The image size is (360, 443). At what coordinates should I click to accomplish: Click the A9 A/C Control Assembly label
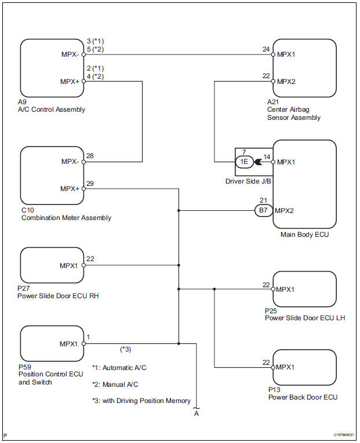click(x=52, y=105)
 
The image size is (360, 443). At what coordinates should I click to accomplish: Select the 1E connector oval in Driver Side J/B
click(x=245, y=162)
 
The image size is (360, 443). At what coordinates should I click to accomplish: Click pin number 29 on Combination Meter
click(x=90, y=182)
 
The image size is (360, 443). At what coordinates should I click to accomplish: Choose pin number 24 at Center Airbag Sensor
click(x=266, y=49)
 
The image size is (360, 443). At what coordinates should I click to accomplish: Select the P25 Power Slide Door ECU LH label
click(x=304, y=314)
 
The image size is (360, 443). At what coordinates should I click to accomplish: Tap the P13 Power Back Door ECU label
click(x=303, y=393)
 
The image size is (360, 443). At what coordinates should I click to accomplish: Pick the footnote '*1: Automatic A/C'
click(x=120, y=368)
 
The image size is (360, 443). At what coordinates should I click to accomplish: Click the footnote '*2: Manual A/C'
click(x=116, y=384)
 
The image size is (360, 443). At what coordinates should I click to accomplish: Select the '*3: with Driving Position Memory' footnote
click(x=141, y=400)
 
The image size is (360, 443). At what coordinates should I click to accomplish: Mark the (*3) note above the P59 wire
click(x=125, y=349)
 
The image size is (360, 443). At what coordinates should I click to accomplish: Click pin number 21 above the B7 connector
click(x=263, y=200)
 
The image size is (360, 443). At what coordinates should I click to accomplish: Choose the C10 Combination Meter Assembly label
click(x=66, y=214)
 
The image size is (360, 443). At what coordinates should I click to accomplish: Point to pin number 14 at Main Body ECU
click(x=266, y=156)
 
